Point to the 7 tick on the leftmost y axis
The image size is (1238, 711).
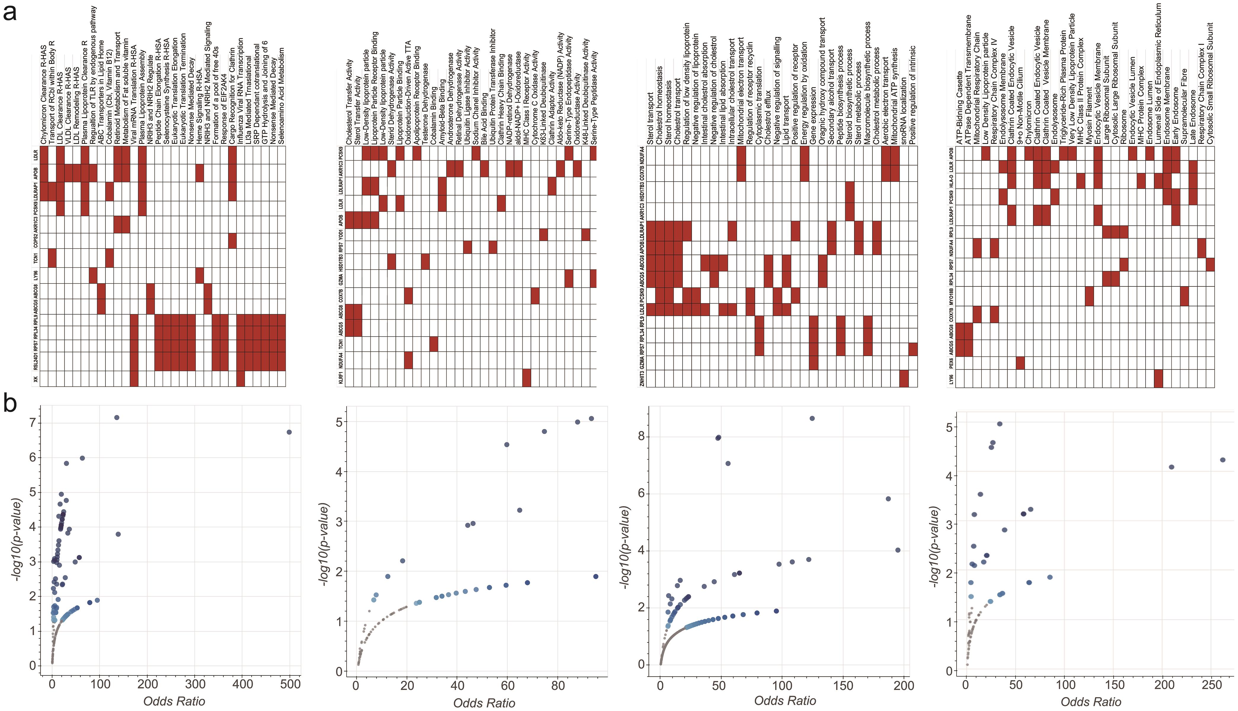(32, 423)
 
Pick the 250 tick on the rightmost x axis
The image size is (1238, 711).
(1212, 685)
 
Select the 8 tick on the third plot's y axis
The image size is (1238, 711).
(641, 436)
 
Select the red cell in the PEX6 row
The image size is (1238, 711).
(1020, 363)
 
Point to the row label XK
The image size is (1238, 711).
(35, 378)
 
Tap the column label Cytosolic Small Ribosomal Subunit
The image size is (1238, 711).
(1210, 83)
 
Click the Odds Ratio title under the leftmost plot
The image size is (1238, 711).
(174, 701)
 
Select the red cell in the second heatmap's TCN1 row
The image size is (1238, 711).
(433, 344)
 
